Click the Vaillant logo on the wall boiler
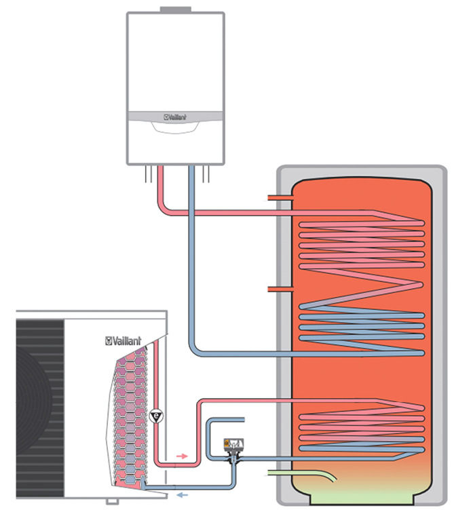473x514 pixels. tap(175, 116)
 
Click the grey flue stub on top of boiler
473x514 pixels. tap(175, 10)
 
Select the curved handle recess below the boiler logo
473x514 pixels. tap(175, 129)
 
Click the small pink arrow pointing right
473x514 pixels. tap(182, 456)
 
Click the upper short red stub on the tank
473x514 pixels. tap(279, 198)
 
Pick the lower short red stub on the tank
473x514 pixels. tap(279, 290)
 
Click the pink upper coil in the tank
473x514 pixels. tap(360, 244)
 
